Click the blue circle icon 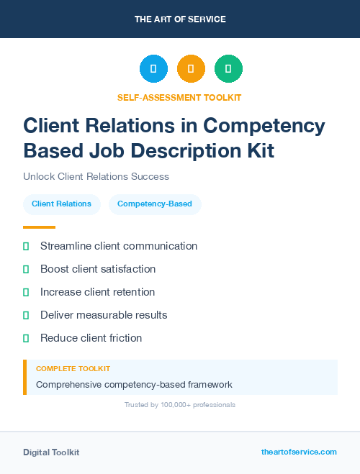[x=153, y=68]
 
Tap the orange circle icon [x=191, y=68]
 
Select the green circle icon [x=228, y=68]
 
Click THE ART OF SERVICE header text [x=180, y=19]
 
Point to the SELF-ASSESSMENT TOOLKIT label [x=179, y=97]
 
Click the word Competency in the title [x=264, y=125]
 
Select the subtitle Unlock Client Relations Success [x=96, y=176]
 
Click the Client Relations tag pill [x=61, y=204]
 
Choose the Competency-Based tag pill [x=155, y=204]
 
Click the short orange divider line [x=39, y=227]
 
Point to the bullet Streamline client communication [x=118, y=246]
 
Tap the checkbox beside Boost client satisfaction [x=26, y=269]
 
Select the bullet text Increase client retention [x=97, y=292]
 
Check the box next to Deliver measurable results [x=26, y=315]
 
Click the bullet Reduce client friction [x=91, y=338]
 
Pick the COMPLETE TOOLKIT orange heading [x=73, y=368]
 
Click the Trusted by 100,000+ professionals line [x=180, y=405]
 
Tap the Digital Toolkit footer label [x=51, y=452]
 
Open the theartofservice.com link [x=299, y=452]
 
